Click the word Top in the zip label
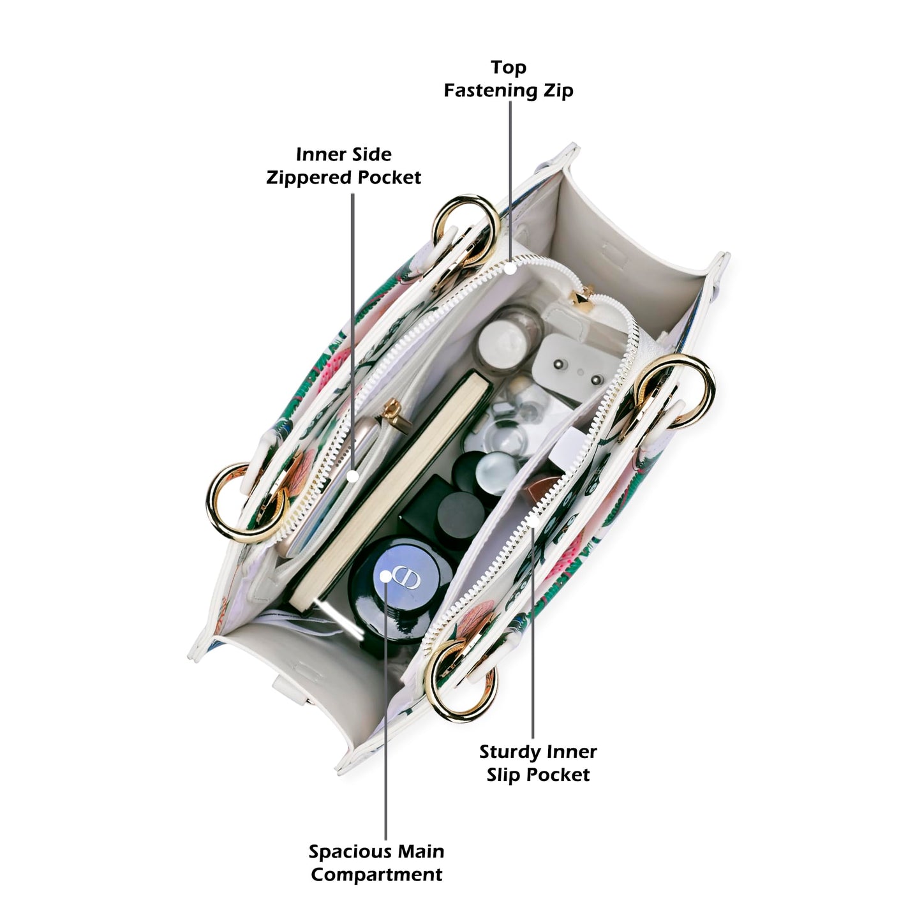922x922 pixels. click(508, 68)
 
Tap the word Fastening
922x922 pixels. click(491, 91)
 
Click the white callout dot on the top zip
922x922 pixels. click(510, 269)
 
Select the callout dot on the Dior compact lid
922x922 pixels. click(385, 576)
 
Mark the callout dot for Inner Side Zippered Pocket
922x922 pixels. click(353, 476)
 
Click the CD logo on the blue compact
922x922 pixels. click(406, 577)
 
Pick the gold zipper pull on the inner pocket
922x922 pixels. click(395, 415)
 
